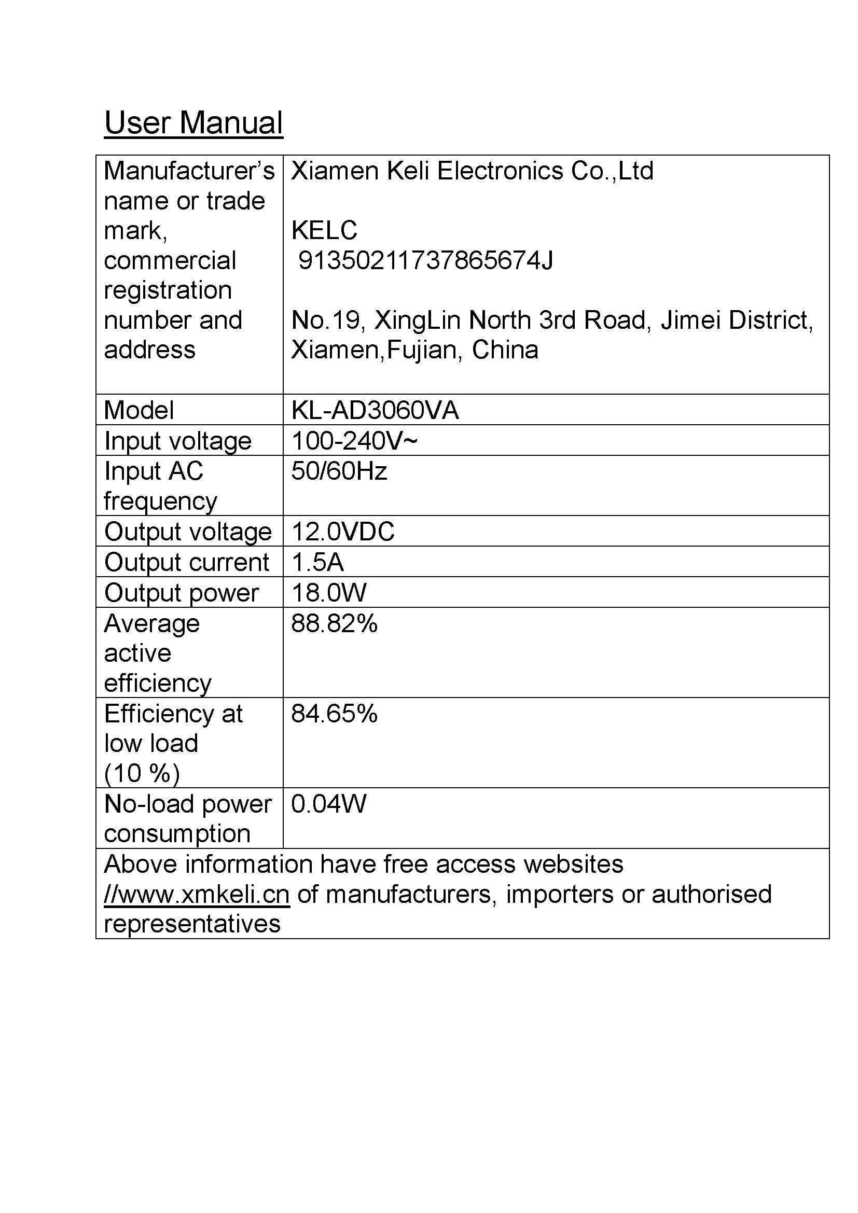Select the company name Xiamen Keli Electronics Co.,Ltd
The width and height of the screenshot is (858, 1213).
472,171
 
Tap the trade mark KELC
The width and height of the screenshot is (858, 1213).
324,230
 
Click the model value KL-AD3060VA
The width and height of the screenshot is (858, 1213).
375,410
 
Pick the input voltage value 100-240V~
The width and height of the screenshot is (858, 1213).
354,441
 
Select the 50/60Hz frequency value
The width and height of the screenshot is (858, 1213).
339,471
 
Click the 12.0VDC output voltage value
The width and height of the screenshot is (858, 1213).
342,531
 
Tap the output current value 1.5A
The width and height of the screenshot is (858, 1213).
317,562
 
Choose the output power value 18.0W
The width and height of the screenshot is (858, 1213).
328,592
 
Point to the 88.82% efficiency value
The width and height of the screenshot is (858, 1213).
334,623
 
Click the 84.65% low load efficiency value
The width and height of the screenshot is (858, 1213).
334,713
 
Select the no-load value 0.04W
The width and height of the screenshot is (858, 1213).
328,803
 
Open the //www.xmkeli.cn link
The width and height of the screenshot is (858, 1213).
197,895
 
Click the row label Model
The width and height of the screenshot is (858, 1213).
139,410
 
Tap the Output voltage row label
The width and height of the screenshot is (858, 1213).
188,532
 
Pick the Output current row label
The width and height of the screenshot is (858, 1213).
187,562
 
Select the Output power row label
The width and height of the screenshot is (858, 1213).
181,593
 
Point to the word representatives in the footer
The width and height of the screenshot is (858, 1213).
192,924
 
